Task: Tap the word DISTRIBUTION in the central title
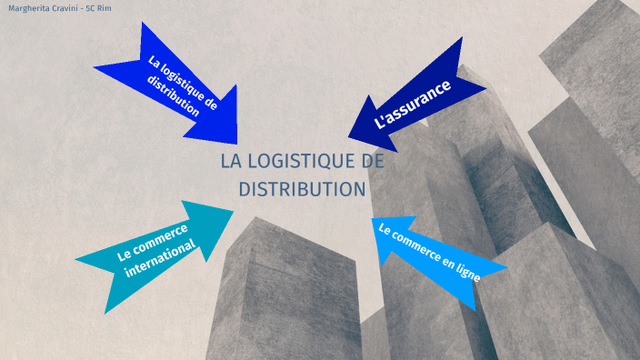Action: coord(302,189)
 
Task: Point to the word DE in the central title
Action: coord(373,162)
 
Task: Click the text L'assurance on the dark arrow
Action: coord(413,104)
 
